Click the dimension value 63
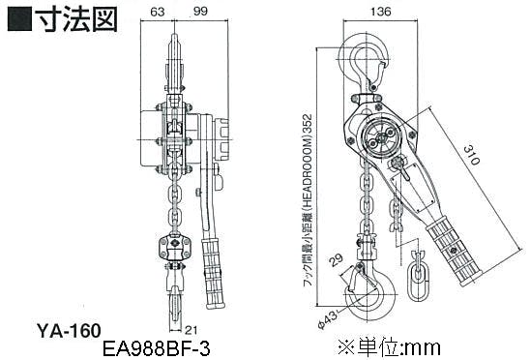click(x=158, y=12)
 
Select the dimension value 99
click(x=200, y=11)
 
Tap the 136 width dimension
click(x=381, y=12)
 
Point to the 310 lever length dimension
click(x=471, y=155)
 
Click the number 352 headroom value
click(x=308, y=125)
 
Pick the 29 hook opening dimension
click(x=336, y=259)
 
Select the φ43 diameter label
click(x=327, y=319)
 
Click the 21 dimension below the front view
click(x=191, y=330)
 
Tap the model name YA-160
click(x=69, y=331)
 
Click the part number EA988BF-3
click(x=156, y=348)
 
